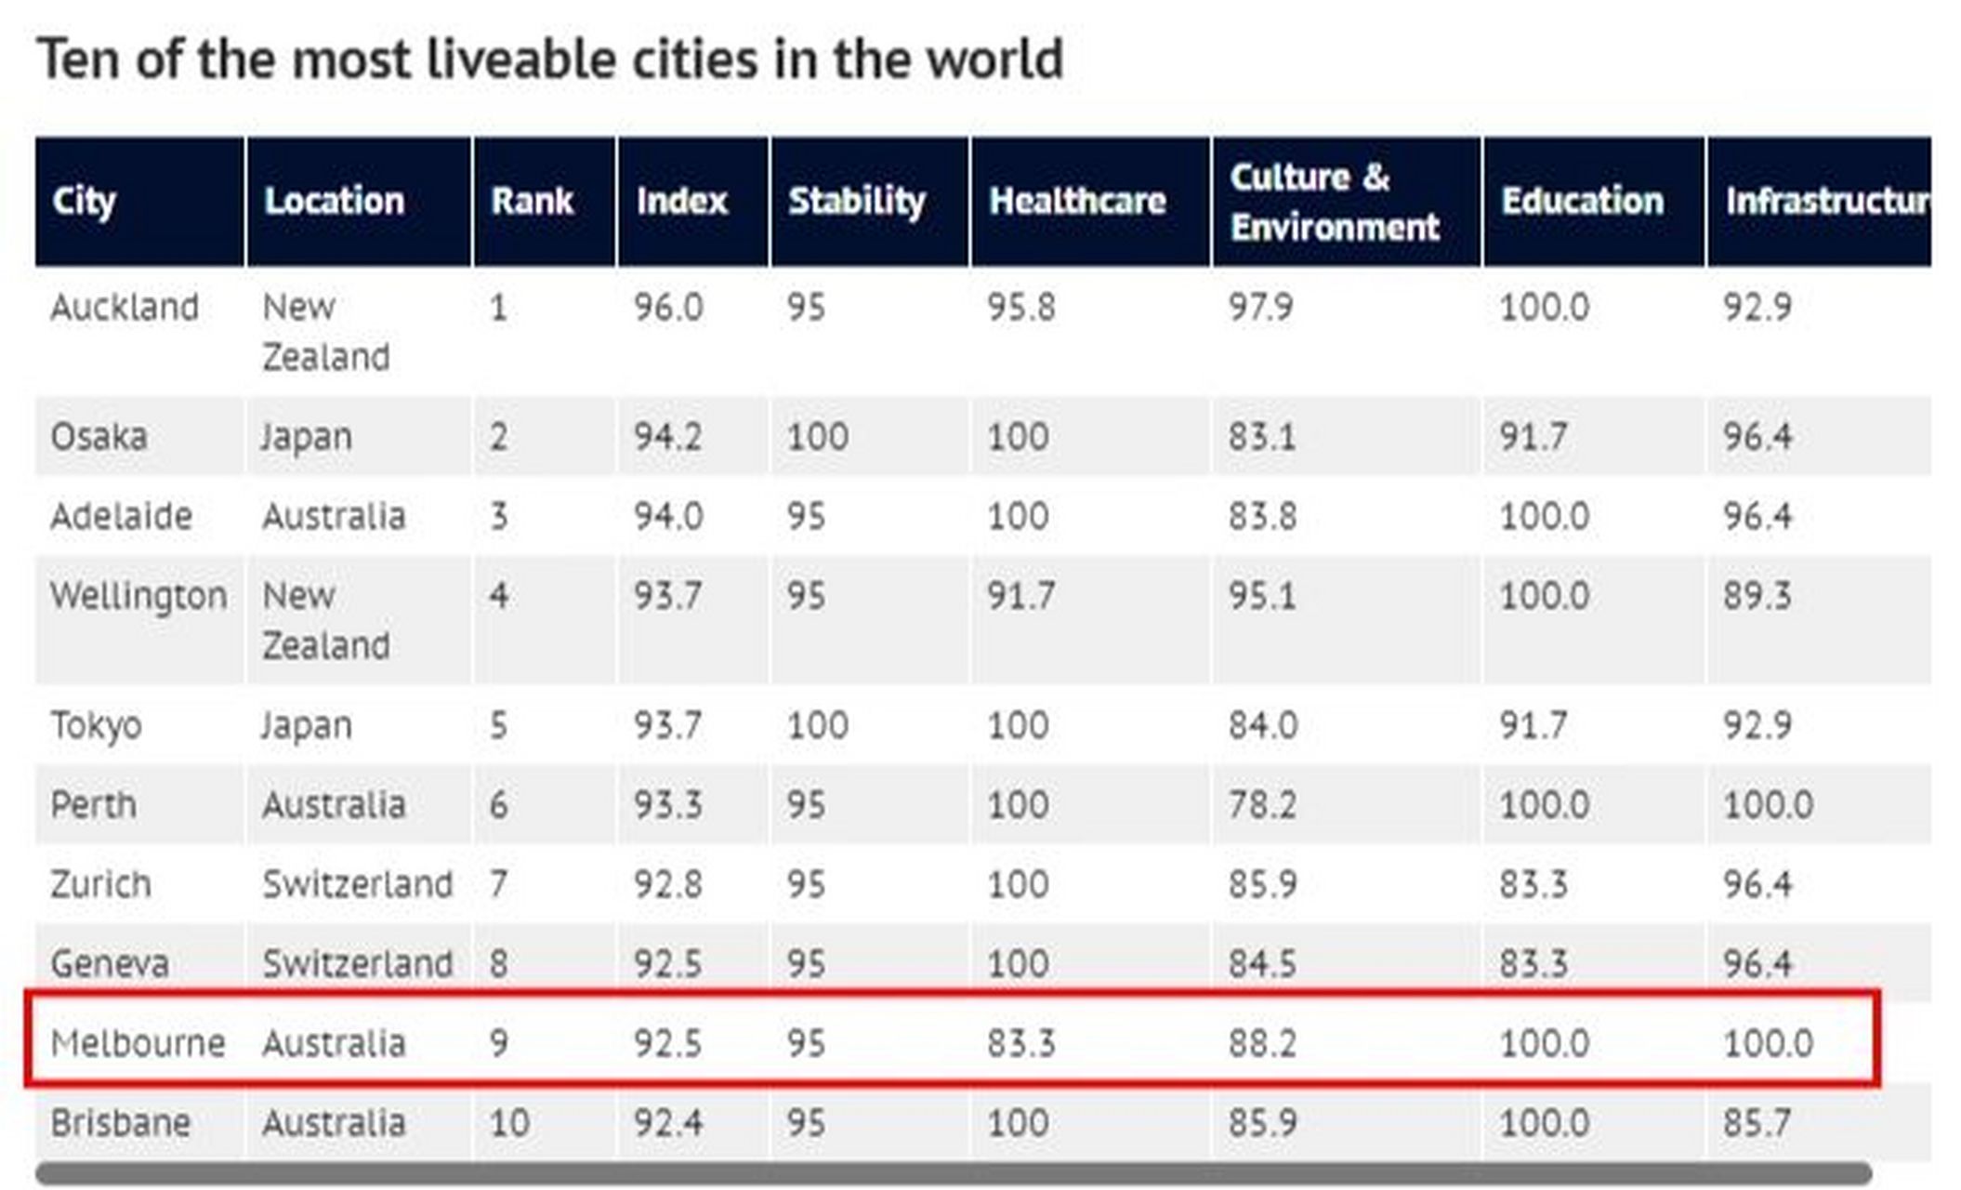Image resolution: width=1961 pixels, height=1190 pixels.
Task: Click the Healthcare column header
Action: click(x=1076, y=201)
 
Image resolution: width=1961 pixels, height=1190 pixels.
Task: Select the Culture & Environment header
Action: click(x=1334, y=202)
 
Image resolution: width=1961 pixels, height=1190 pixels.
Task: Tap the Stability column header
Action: click(x=856, y=201)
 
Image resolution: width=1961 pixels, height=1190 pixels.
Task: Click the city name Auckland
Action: click(x=125, y=307)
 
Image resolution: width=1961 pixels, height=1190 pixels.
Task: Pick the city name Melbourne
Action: click(x=138, y=1043)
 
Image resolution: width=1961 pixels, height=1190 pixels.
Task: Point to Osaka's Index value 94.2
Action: click(x=667, y=436)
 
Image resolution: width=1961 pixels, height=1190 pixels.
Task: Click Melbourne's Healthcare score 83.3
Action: click(x=1020, y=1043)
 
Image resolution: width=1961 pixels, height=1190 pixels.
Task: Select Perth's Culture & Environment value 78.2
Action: click(x=1261, y=804)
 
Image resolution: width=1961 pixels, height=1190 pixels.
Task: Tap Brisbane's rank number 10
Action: click(x=509, y=1123)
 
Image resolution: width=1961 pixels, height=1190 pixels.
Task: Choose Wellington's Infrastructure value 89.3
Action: click(x=1757, y=595)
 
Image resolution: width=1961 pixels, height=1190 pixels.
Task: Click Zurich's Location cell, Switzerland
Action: click(x=357, y=884)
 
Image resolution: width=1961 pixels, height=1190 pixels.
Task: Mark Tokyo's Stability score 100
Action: click(x=817, y=725)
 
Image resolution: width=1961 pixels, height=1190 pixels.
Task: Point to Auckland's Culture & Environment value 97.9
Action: click(x=1260, y=307)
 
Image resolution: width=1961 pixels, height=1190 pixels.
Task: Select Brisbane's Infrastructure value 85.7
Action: click(x=1757, y=1123)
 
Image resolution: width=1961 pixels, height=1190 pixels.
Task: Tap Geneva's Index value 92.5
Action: click(x=667, y=964)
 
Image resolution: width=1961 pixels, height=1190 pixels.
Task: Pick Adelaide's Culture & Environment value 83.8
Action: click(x=1261, y=516)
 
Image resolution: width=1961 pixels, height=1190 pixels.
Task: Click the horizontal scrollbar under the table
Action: click(x=953, y=1173)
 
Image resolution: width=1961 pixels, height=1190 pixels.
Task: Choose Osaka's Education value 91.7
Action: click(x=1533, y=436)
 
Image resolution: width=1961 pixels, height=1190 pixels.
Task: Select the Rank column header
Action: click(x=532, y=201)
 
